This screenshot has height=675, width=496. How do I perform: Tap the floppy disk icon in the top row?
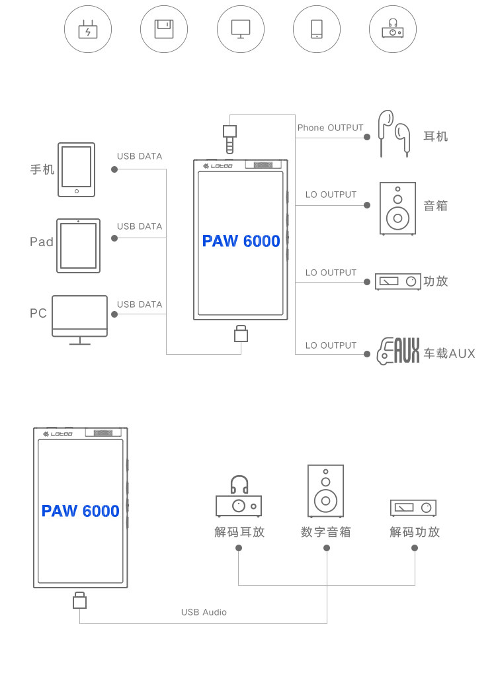[164, 29]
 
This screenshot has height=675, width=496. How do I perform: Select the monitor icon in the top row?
[241, 28]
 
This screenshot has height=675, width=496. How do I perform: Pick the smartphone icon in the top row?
[317, 28]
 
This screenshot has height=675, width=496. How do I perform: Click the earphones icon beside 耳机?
[393, 134]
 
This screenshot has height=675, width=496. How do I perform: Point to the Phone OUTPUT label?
[331, 128]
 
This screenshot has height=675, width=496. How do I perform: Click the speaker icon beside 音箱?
[397, 208]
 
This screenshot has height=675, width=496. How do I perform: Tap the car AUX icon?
[398, 351]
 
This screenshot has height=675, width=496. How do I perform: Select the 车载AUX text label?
[450, 353]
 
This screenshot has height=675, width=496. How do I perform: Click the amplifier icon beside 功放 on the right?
[397, 281]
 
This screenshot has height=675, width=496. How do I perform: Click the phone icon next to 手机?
[76, 169]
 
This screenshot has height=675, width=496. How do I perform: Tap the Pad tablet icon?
[78, 246]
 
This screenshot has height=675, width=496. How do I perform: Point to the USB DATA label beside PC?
[140, 304]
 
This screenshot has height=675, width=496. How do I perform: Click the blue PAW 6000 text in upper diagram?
[241, 241]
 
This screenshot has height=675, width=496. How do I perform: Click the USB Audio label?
[204, 612]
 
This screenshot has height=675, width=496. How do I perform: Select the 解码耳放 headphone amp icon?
[238, 497]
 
